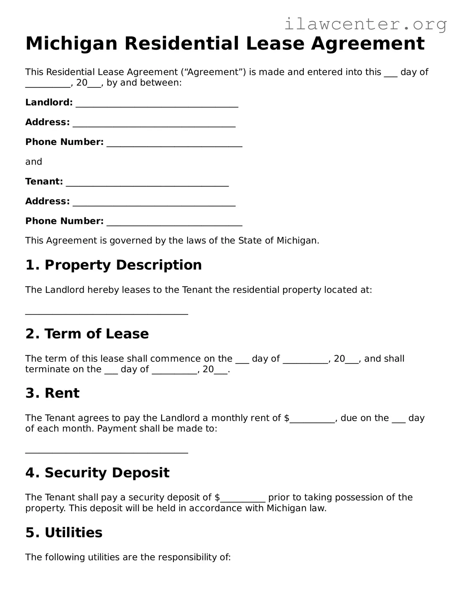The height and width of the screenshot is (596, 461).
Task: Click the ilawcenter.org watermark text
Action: [x=365, y=24]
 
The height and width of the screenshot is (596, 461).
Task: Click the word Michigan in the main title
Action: [x=71, y=43]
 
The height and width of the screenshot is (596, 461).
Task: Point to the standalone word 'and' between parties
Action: [x=34, y=162]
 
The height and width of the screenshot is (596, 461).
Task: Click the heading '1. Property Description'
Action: [x=113, y=265]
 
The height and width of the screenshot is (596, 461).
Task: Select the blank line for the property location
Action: [x=107, y=312]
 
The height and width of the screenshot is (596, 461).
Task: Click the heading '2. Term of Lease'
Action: [x=87, y=334]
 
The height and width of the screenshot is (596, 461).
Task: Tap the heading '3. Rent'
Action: [x=52, y=393]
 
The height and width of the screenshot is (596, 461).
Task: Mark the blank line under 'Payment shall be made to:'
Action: [x=107, y=451]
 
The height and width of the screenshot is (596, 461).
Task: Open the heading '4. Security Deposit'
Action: [x=97, y=473]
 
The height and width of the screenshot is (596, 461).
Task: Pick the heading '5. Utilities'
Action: [x=64, y=532]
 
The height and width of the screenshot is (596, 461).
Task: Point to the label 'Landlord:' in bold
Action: [x=49, y=102]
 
